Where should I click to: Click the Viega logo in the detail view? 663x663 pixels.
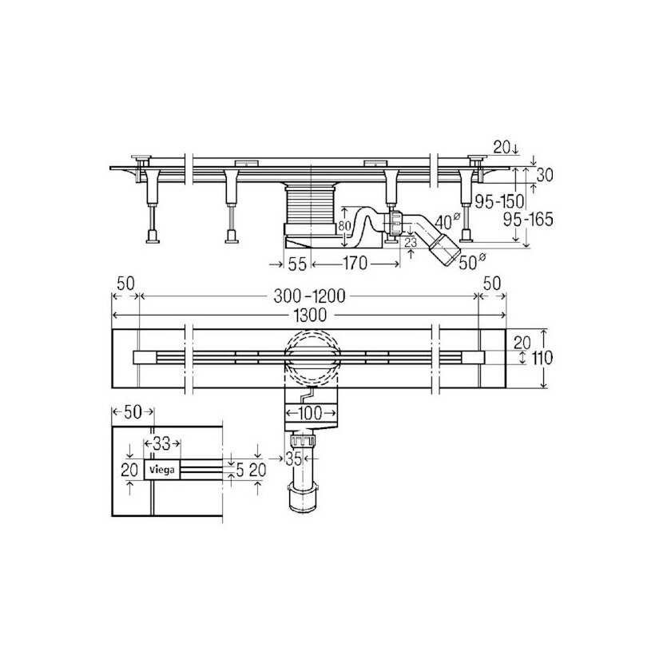tap(162, 470)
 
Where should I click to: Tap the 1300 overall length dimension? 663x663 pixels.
tap(311, 316)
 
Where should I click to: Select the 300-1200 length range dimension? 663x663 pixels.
tap(309, 296)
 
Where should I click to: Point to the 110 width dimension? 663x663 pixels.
tap(542, 358)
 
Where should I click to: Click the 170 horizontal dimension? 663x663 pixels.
tap(355, 264)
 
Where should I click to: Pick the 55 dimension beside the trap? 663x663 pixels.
tap(297, 264)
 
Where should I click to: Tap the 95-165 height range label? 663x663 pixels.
tap(529, 220)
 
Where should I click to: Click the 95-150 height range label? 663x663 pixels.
tap(499, 202)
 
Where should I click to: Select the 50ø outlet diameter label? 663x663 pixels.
tap(472, 263)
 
